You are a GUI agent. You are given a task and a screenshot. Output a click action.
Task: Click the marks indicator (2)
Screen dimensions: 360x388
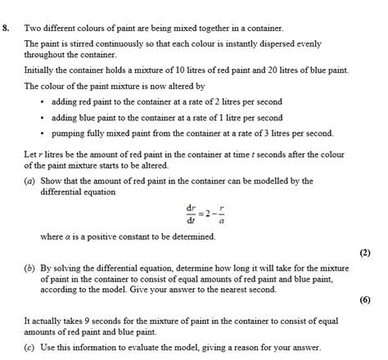[364, 253]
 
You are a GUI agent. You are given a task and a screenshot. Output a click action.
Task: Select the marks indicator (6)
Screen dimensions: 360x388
[364, 299]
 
